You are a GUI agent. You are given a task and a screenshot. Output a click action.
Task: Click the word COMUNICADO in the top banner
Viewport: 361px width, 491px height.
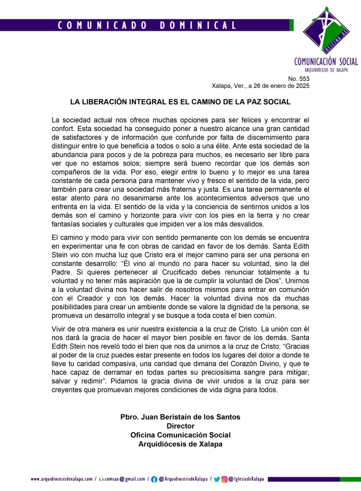[x=102, y=25]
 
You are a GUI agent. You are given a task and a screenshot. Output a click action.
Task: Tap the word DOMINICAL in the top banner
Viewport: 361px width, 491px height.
[x=198, y=25]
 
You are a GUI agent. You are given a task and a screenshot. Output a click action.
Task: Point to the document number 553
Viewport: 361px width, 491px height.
[x=304, y=79]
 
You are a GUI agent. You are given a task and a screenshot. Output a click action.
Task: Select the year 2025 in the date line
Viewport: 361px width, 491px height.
[x=302, y=86]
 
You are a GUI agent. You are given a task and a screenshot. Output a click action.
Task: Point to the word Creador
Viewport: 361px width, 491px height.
[x=90, y=298]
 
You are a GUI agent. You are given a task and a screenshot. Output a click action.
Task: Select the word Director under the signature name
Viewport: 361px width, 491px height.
[x=180, y=426]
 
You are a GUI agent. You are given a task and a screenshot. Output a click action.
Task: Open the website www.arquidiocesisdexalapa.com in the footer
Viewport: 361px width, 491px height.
[x=61, y=479]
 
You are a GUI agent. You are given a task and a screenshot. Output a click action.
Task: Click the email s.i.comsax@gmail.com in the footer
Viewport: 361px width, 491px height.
[x=122, y=479]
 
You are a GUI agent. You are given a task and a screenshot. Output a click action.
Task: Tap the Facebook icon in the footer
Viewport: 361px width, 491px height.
[x=154, y=479]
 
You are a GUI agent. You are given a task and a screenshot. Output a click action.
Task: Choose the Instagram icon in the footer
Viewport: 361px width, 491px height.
[x=224, y=479]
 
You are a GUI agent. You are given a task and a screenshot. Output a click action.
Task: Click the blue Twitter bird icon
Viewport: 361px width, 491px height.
[x=217, y=479]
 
